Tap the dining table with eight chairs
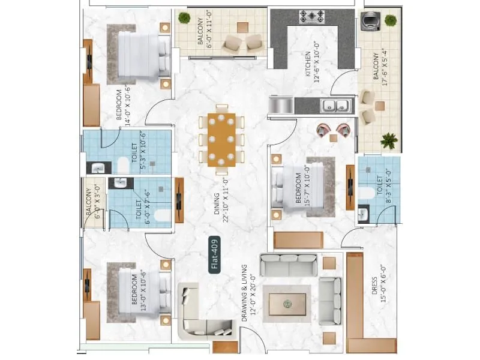point(221,139)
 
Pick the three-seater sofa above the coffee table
point(289,265)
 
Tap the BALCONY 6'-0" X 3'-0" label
point(92,203)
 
